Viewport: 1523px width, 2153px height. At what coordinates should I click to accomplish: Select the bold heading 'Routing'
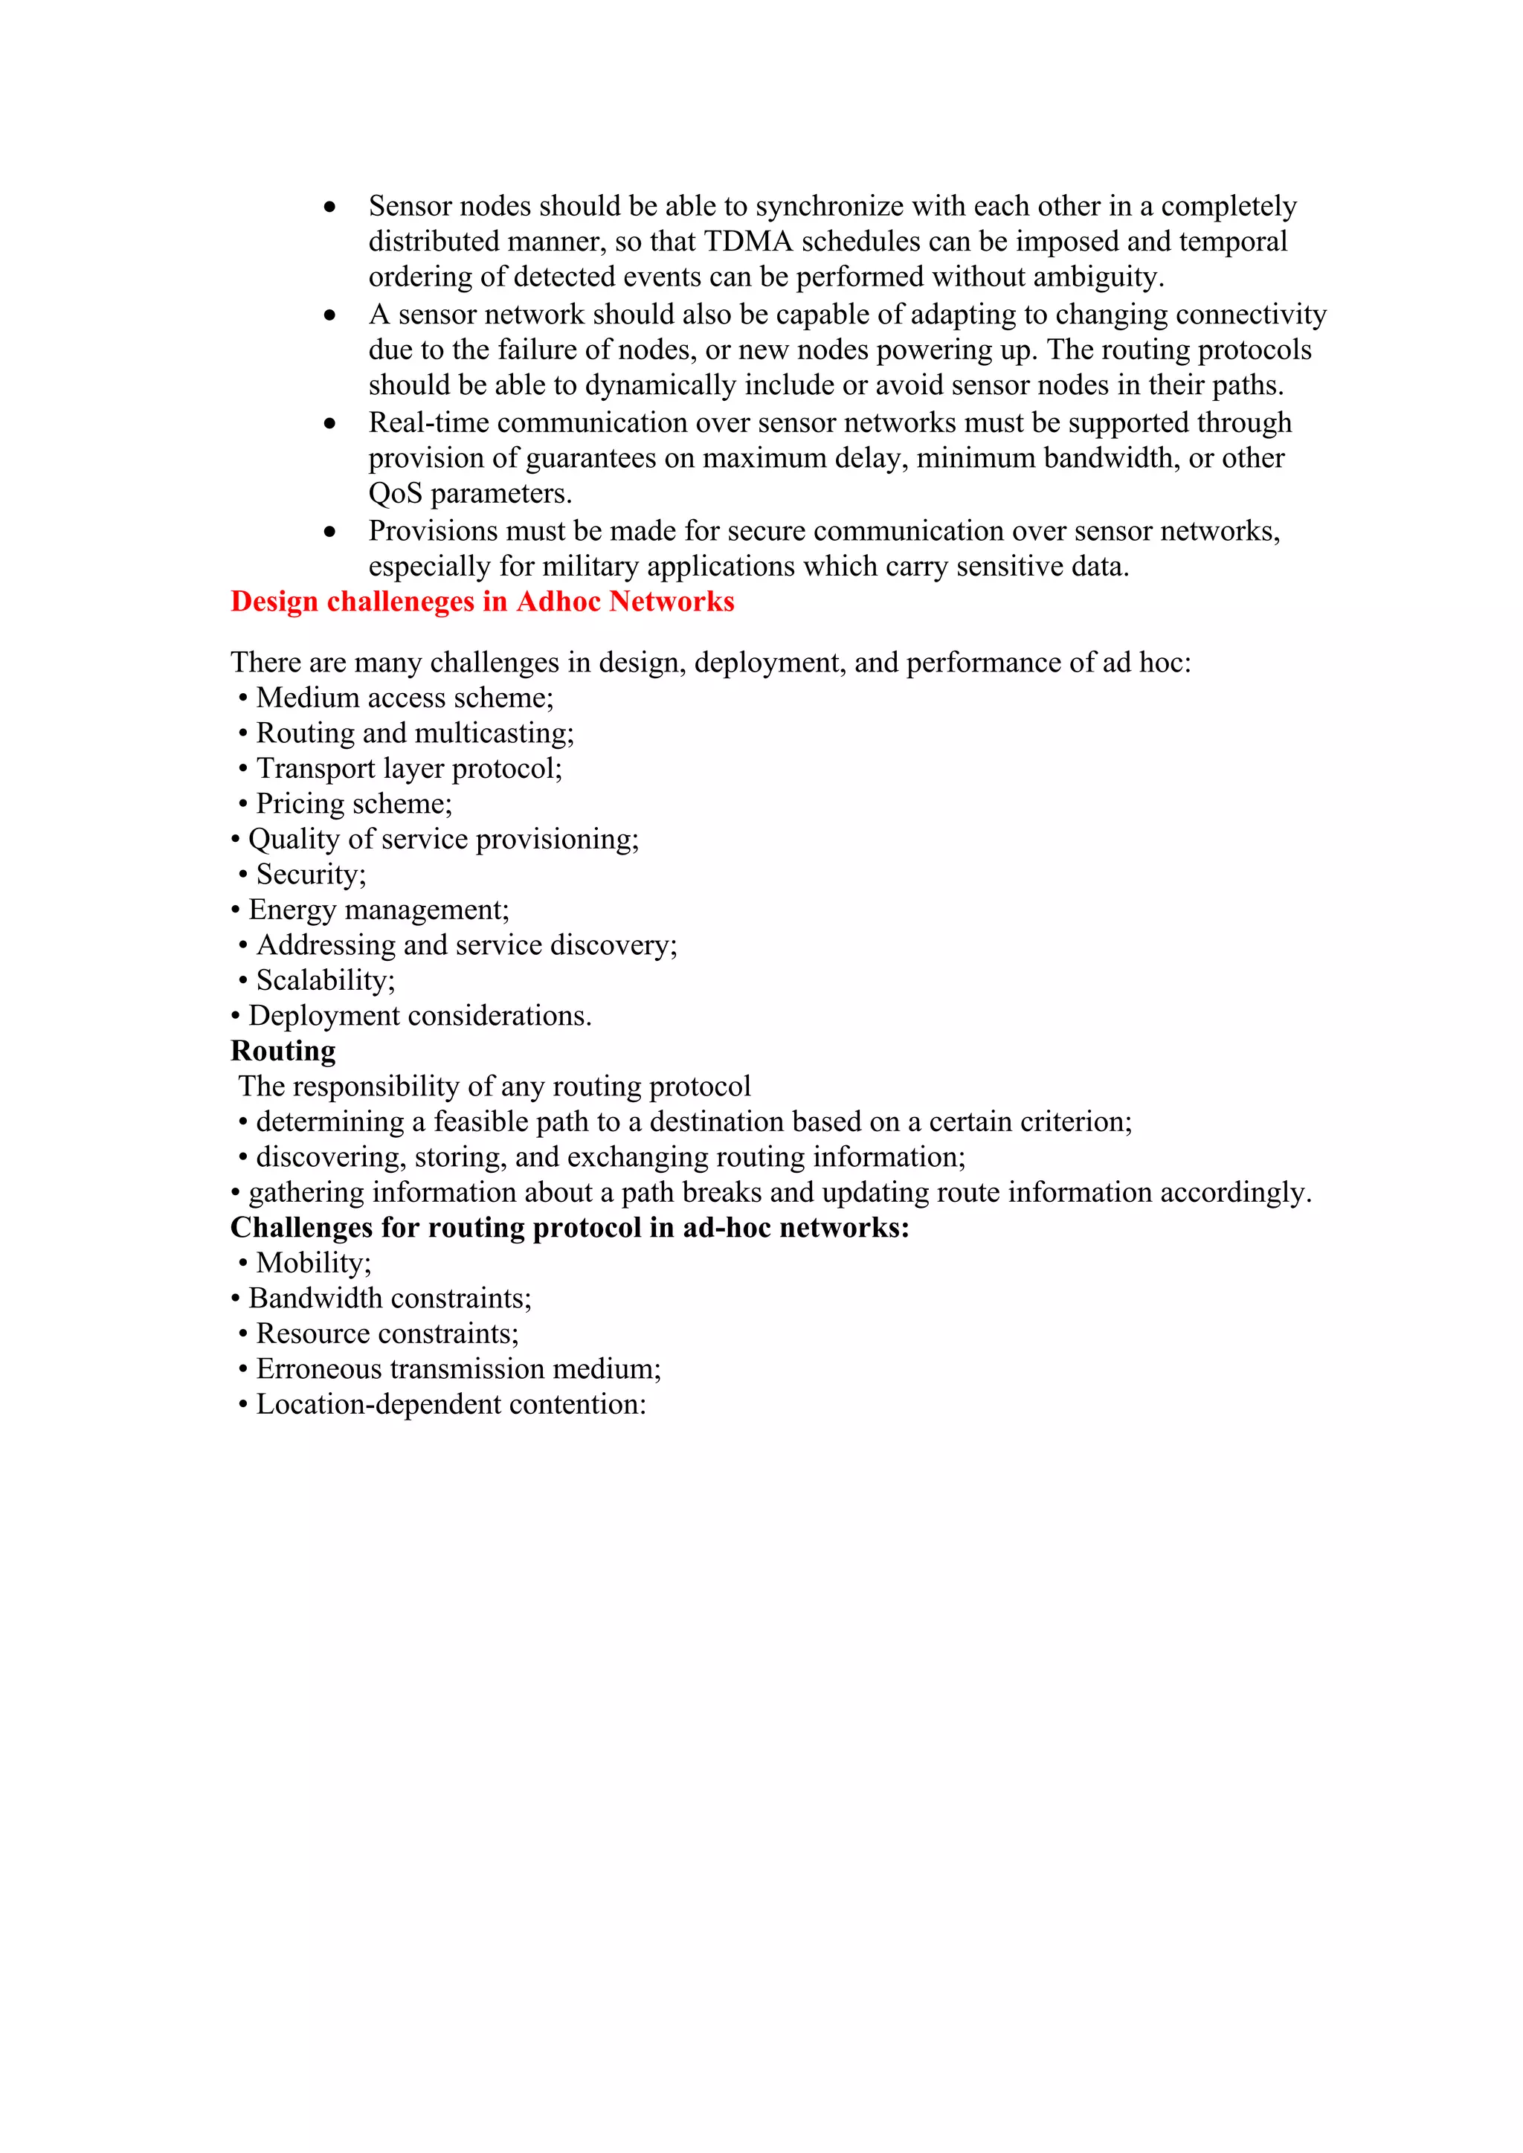tap(283, 1051)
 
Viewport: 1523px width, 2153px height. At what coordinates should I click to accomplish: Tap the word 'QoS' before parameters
tap(395, 493)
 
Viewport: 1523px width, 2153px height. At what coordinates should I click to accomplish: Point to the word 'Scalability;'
tap(326, 981)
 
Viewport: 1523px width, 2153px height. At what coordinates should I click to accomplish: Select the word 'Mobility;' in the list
tap(313, 1263)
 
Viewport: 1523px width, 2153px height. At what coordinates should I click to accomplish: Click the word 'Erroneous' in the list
tap(319, 1369)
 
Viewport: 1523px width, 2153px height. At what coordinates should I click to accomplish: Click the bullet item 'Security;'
tap(310, 875)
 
